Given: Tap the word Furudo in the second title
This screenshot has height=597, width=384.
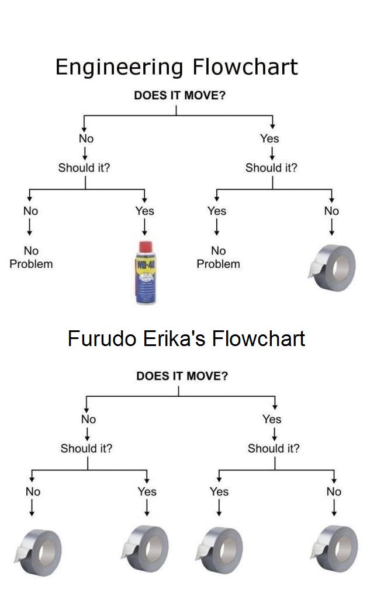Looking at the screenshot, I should click(102, 338).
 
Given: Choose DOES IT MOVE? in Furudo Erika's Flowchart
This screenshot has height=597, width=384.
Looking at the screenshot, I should click(182, 376).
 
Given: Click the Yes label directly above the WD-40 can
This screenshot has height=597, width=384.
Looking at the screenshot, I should click(144, 211).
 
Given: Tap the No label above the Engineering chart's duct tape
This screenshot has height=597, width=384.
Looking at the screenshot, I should click(331, 211).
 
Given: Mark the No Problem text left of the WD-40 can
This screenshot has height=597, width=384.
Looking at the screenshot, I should click(31, 257).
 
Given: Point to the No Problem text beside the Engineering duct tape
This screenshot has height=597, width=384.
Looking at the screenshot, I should click(218, 257).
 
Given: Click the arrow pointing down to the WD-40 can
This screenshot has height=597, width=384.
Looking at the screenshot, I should click(144, 225).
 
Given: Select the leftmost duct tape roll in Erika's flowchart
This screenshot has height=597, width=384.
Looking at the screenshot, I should click(38, 550).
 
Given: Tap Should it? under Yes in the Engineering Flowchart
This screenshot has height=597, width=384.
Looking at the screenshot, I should click(271, 168).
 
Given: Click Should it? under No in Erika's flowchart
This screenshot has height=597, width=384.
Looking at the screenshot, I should click(87, 448).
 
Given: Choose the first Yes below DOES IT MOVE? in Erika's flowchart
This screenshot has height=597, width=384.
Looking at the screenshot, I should click(272, 419).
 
